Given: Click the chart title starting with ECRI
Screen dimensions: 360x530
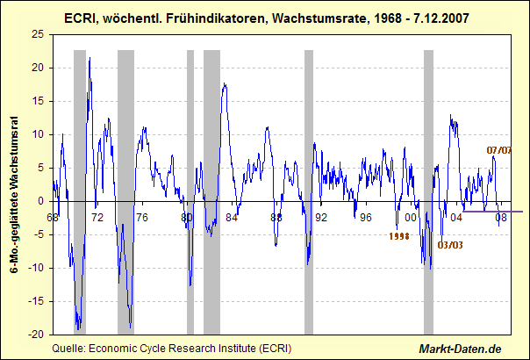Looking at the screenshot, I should point(264,18).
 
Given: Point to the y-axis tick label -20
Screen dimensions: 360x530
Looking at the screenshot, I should point(38,335).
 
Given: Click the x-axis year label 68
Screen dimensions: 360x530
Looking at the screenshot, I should point(53,217).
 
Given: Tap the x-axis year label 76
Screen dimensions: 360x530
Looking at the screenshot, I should point(142,217).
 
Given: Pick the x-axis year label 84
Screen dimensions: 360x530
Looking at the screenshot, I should point(232,217).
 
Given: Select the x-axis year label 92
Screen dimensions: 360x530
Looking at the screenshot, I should point(321,217).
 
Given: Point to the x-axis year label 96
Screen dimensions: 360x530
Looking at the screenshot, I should point(367,217).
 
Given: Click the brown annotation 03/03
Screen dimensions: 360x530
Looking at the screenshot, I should point(451,244).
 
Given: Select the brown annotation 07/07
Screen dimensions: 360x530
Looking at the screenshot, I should point(499,149).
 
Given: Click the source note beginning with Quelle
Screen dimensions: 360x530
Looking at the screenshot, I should point(172,349).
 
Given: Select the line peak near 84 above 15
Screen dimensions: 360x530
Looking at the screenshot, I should point(225,84).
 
